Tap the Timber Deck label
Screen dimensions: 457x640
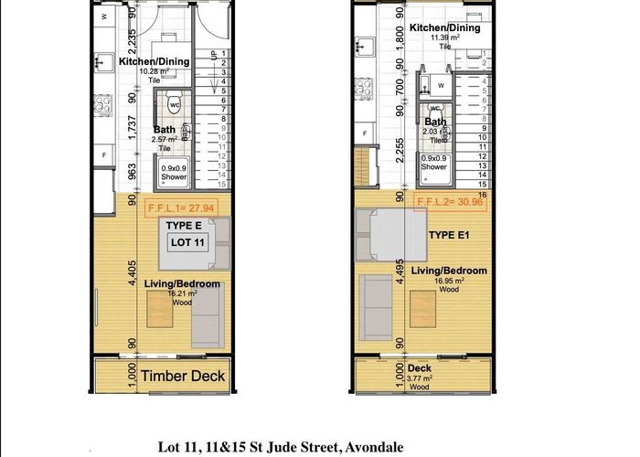[x=183, y=376]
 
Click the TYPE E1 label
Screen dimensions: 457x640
[x=450, y=235]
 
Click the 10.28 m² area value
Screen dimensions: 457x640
[x=153, y=70]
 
